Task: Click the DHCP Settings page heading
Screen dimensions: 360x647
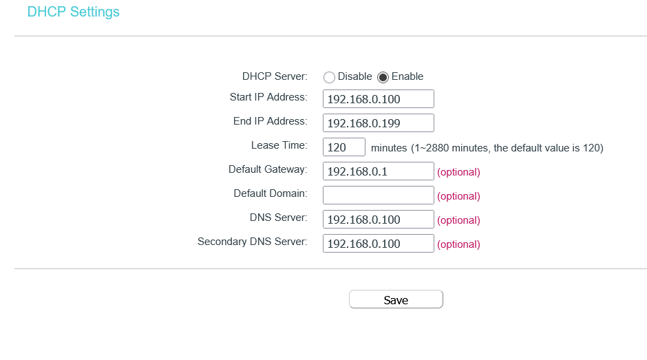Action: pos(73,12)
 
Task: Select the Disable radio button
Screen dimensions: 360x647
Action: pos(329,77)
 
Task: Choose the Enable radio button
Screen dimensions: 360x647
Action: pos(383,77)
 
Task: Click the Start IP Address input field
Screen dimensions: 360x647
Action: pos(378,99)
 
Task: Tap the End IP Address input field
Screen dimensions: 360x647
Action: pos(378,123)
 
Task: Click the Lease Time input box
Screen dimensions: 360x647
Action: pos(343,147)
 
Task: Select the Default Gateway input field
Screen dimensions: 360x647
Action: pos(378,171)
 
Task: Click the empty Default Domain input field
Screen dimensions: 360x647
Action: pos(378,195)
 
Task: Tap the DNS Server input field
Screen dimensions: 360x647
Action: pos(378,220)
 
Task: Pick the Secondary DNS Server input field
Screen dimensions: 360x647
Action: pos(378,244)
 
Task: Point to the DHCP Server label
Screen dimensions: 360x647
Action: pos(275,76)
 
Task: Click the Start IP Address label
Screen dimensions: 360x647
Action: pos(268,97)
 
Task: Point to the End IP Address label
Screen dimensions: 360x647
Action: pos(270,121)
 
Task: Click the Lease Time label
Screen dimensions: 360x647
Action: pos(279,145)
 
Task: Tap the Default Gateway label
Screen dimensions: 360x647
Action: pos(268,169)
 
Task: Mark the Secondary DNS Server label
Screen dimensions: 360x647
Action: pos(252,242)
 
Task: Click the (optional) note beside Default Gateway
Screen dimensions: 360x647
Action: pos(458,172)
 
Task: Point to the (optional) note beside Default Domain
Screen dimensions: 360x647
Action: pos(458,196)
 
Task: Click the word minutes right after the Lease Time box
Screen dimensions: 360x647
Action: pos(389,148)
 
